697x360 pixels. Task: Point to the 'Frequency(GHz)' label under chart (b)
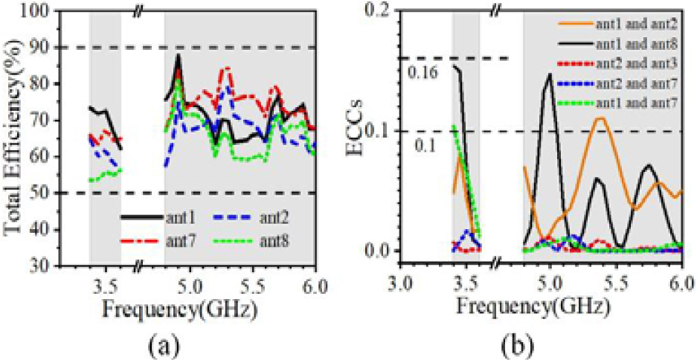tap(530, 306)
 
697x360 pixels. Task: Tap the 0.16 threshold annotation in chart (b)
tap(421, 72)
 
